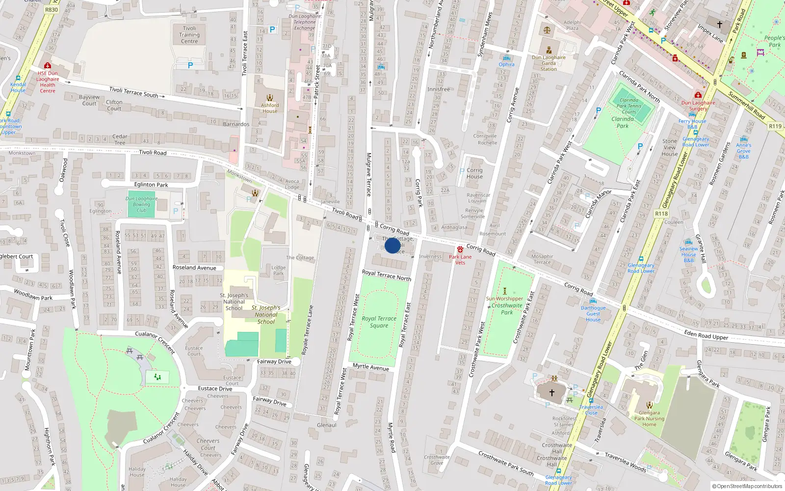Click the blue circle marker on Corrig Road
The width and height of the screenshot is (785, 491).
(x=392, y=245)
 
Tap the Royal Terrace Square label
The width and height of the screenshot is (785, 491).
(x=379, y=322)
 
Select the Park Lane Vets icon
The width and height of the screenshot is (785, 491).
(x=460, y=249)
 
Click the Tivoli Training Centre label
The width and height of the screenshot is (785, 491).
(x=189, y=35)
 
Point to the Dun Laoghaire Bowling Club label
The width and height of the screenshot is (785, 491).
(x=141, y=204)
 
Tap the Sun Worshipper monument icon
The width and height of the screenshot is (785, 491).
(x=504, y=291)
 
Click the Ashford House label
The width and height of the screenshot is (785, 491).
(x=269, y=108)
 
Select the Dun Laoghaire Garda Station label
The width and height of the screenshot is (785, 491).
(x=549, y=63)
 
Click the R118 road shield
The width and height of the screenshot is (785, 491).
(x=661, y=214)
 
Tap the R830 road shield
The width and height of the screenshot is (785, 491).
(x=51, y=9)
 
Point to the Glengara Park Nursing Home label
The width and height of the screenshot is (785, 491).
(x=649, y=418)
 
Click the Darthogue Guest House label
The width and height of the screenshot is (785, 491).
(x=593, y=314)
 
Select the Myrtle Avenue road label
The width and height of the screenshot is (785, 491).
(x=371, y=367)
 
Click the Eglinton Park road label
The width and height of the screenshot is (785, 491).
(x=151, y=185)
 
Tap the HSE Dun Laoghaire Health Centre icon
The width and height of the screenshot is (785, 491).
(x=48, y=65)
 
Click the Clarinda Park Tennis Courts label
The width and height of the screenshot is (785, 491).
(x=629, y=106)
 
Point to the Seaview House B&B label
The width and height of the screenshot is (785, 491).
(x=688, y=254)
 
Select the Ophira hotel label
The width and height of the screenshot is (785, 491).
(x=507, y=64)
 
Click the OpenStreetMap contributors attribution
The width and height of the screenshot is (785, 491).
(x=747, y=486)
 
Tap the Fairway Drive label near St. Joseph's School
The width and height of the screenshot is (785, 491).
(x=274, y=361)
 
